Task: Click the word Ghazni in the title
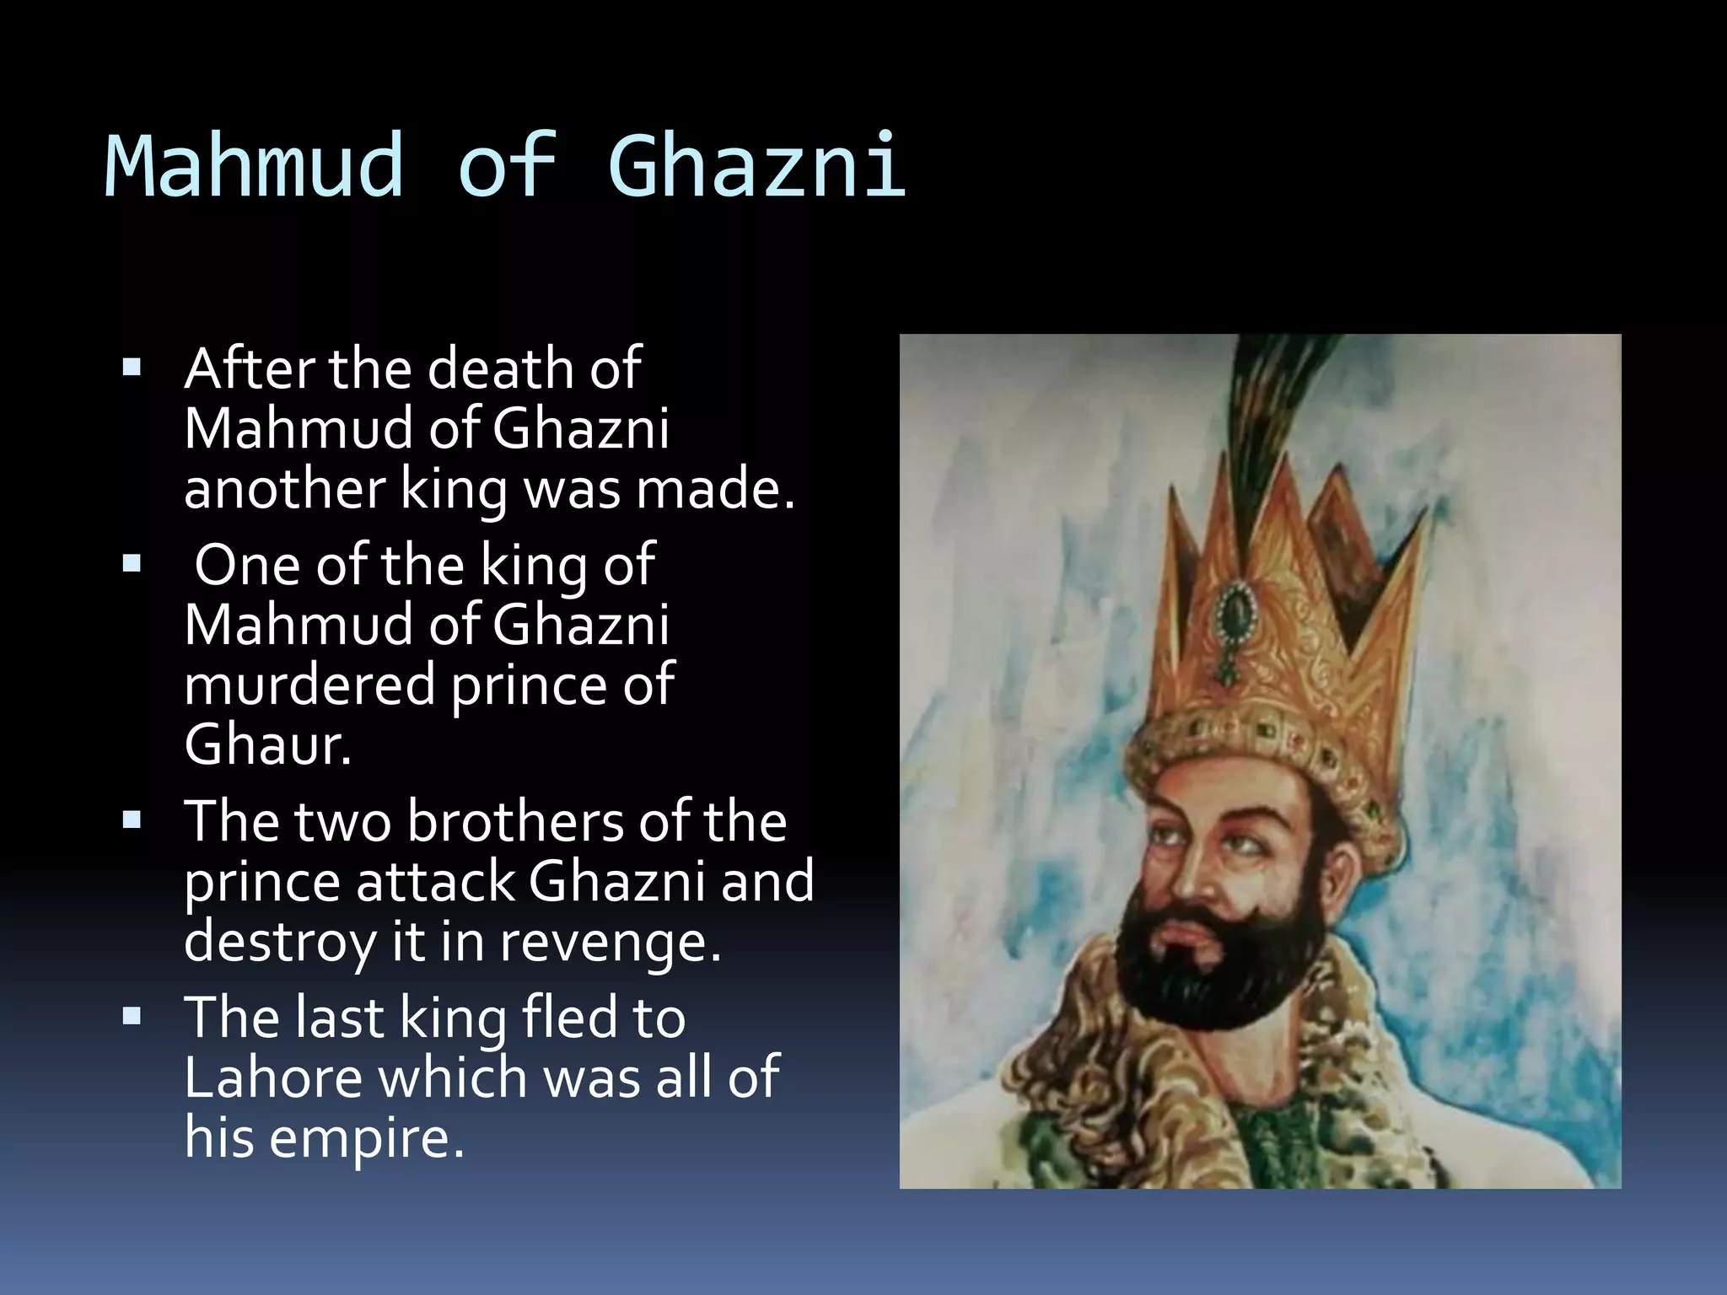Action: (x=756, y=166)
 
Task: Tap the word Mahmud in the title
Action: (x=254, y=166)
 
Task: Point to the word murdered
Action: (x=309, y=685)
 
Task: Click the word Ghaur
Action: (x=267, y=744)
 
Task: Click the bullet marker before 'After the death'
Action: (x=132, y=368)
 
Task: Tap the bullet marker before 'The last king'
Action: (x=132, y=1016)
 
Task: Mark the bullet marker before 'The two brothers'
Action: (x=132, y=819)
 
